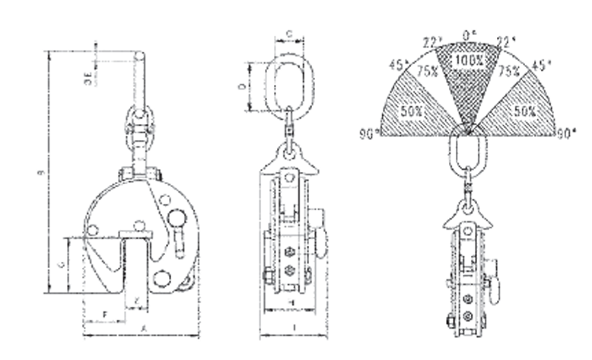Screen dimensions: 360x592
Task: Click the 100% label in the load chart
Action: click(466, 59)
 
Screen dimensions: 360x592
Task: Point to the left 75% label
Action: click(427, 71)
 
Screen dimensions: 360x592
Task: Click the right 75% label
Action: click(508, 71)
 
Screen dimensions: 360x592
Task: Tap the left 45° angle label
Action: click(397, 65)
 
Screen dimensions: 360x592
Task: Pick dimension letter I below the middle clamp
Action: click(293, 327)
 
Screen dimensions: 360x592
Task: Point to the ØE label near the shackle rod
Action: click(89, 75)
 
